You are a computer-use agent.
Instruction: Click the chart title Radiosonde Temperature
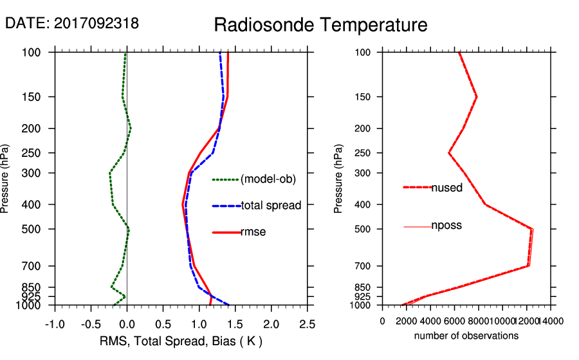[320, 25]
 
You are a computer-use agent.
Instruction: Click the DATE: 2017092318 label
[71, 23]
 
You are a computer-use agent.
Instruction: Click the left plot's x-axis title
[181, 340]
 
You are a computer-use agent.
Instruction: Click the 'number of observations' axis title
[466, 336]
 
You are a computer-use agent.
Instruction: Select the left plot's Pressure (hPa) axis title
[6, 179]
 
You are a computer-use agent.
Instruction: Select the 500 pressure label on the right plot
[364, 229]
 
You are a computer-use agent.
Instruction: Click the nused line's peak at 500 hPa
[531, 229]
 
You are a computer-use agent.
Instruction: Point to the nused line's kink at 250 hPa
[448, 153]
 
